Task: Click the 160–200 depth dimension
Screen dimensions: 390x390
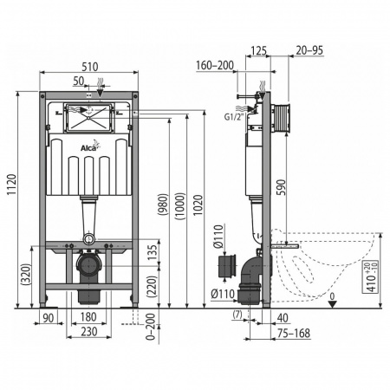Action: [212, 64]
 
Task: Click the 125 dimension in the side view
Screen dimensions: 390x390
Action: [258, 50]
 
